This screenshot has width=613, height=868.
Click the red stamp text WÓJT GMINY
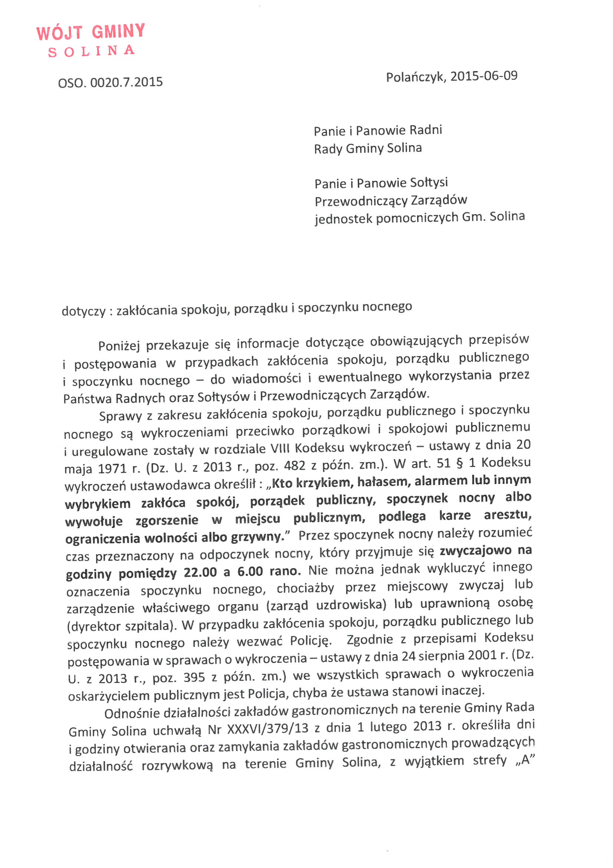[90, 32]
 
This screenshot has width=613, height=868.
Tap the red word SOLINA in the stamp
[91, 51]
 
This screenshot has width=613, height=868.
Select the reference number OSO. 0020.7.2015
[110, 82]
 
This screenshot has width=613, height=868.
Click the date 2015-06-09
[484, 76]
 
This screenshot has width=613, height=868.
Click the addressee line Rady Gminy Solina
[368, 148]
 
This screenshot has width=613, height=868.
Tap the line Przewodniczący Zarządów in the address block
[391, 200]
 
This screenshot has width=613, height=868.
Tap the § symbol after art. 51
[459, 463]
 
